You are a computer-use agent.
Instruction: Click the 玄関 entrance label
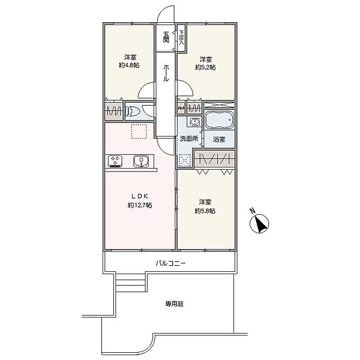click(x=166, y=37)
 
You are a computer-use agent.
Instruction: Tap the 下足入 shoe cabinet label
click(x=182, y=38)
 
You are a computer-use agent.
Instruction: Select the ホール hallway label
click(x=166, y=73)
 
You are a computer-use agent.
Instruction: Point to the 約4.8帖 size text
click(x=129, y=65)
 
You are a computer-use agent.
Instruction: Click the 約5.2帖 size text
click(x=205, y=67)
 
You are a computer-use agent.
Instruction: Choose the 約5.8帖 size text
click(x=205, y=211)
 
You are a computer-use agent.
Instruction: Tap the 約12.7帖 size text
click(x=140, y=205)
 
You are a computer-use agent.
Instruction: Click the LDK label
click(x=140, y=196)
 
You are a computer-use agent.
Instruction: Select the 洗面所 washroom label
click(x=189, y=139)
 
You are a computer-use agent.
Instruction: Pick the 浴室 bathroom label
click(x=219, y=139)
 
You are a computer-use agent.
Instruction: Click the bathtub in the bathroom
click(x=219, y=120)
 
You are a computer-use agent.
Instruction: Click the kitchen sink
click(x=141, y=161)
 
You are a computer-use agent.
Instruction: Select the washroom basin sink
click(x=194, y=121)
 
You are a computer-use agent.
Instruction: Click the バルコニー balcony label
click(x=170, y=263)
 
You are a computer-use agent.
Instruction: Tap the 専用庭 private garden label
click(x=175, y=304)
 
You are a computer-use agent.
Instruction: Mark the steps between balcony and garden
click(x=130, y=283)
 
